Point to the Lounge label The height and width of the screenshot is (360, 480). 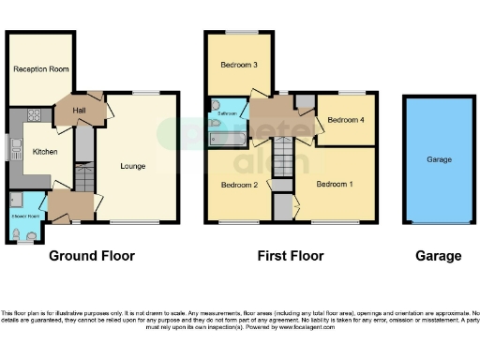click(x=133, y=166)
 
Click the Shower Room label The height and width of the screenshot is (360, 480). click(x=24, y=216)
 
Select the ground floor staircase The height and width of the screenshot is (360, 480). click(x=83, y=173)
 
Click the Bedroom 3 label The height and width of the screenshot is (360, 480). click(x=239, y=65)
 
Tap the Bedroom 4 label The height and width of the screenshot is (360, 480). click(x=344, y=120)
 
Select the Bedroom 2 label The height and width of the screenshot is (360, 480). click(x=239, y=185)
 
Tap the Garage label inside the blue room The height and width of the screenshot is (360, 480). click(x=439, y=159)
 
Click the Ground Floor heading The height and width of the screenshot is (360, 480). click(x=91, y=256)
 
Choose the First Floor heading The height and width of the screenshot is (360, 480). click(x=291, y=256)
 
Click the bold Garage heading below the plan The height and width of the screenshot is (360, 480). click(x=438, y=256)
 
